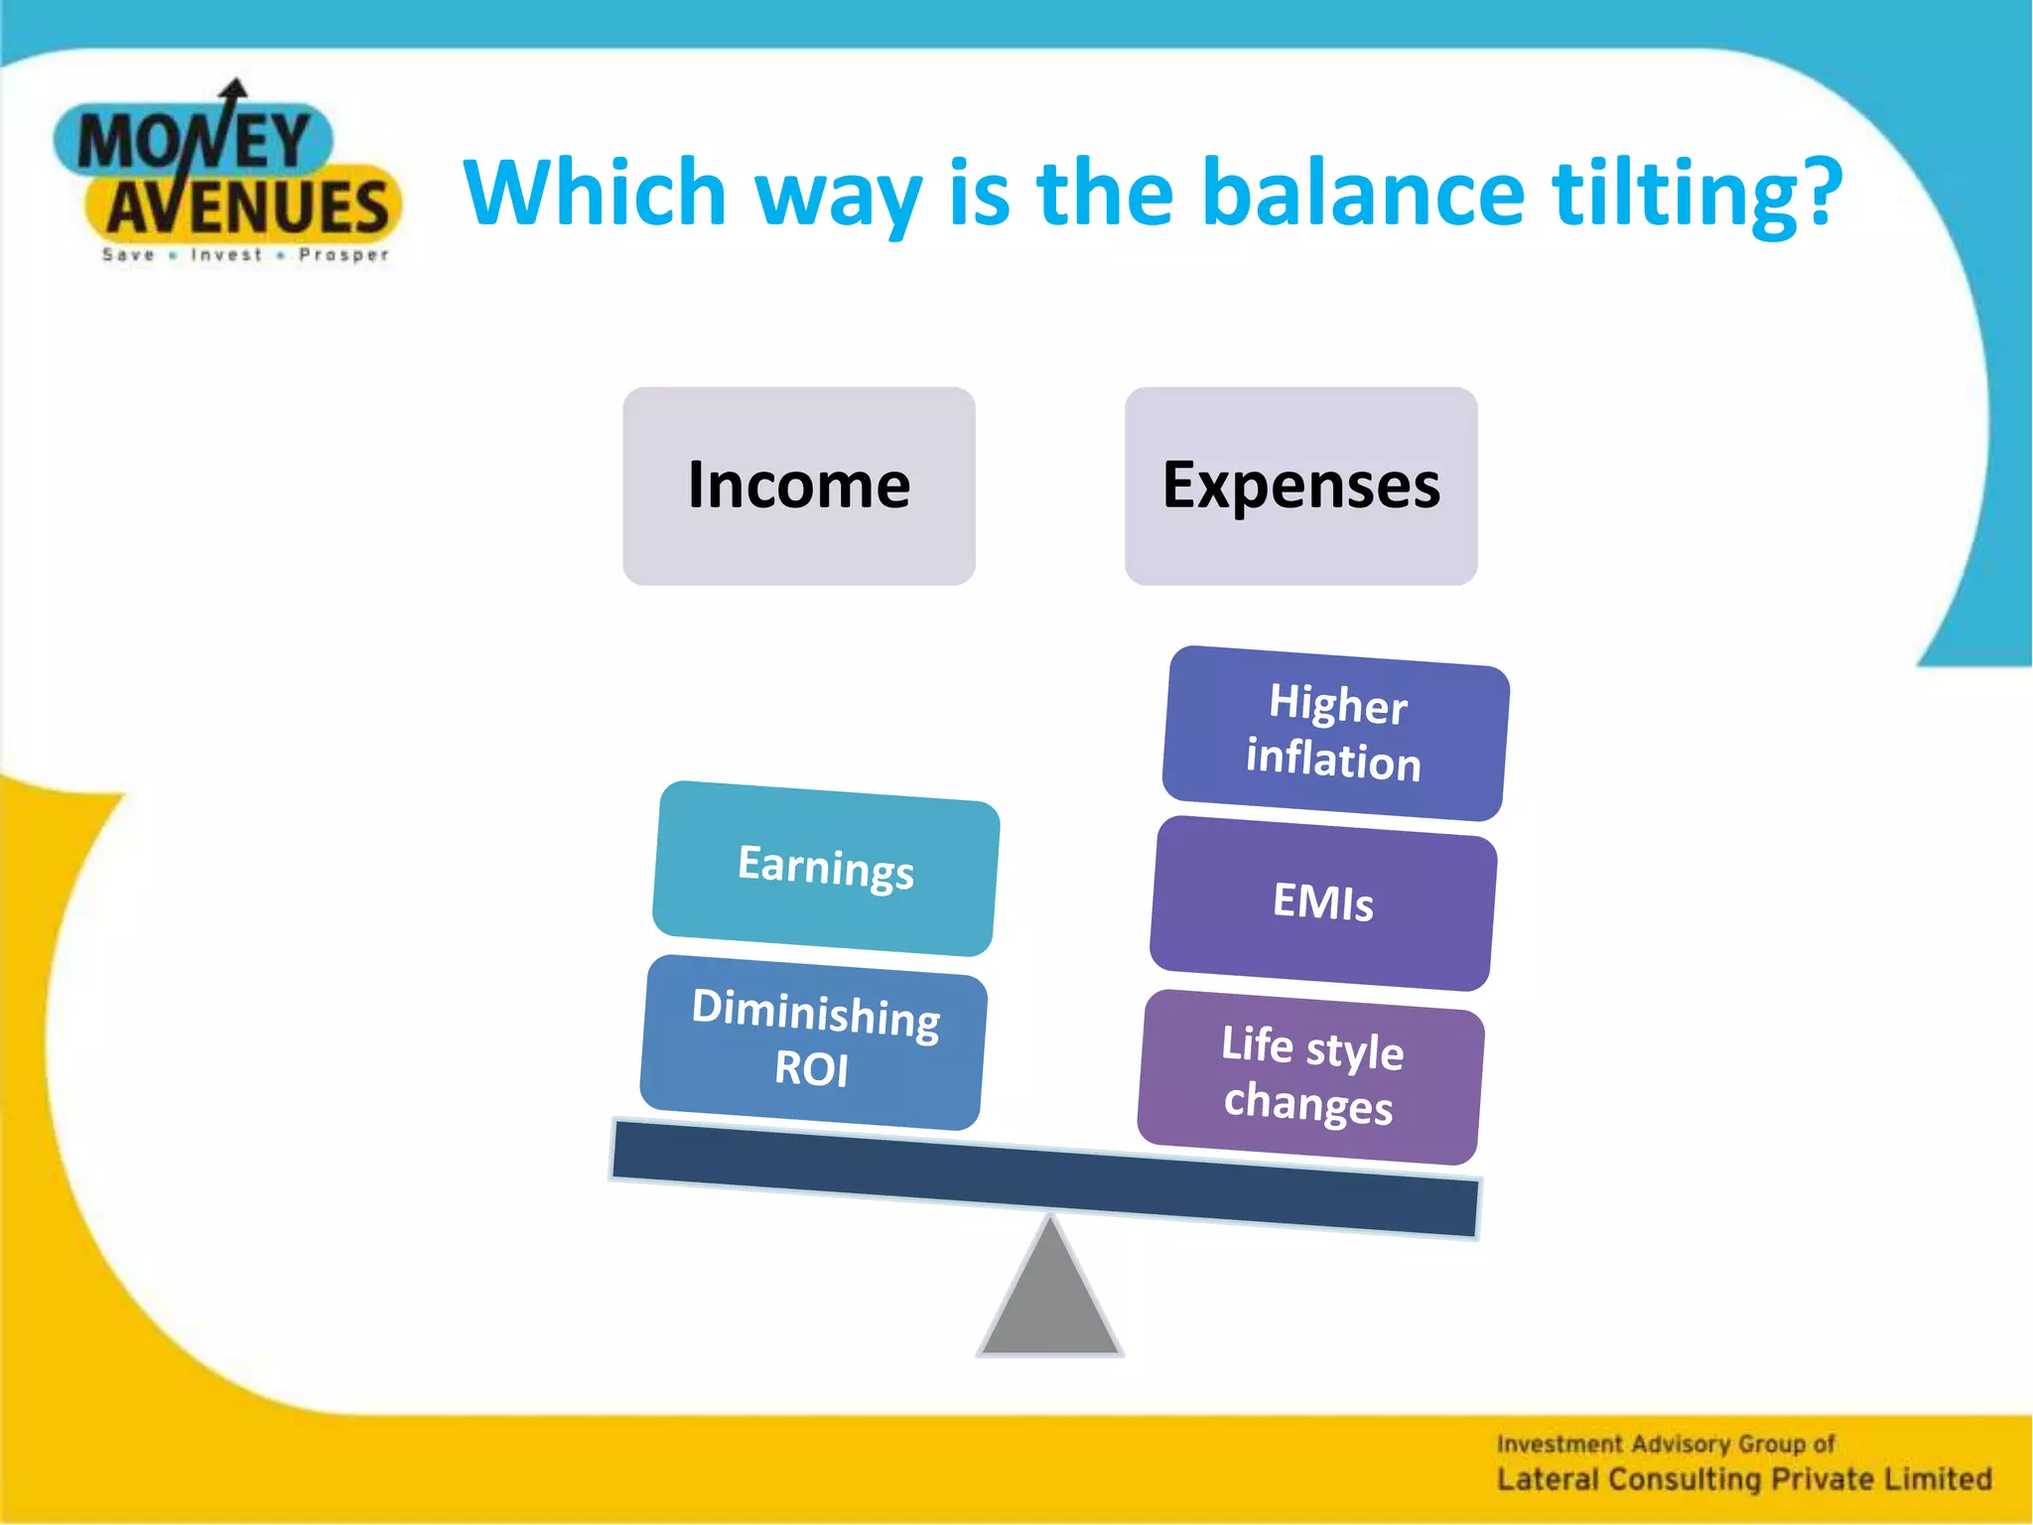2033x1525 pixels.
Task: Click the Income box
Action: pyautogui.click(x=798, y=485)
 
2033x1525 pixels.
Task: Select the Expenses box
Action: pyautogui.click(x=1300, y=485)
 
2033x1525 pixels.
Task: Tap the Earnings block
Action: pyautogui.click(x=825, y=868)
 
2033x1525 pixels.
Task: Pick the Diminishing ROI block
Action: pyautogui.click(x=813, y=1040)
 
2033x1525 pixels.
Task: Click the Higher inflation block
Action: pyautogui.click(x=1335, y=733)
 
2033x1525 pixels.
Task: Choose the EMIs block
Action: pyautogui.click(x=1323, y=902)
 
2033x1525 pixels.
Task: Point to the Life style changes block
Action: pyautogui.click(x=1310, y=1076)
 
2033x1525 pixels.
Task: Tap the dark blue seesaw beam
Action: pyautogui.click(x=1044, y=1178)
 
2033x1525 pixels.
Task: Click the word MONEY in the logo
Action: pyautogui.click(x=194, y=141)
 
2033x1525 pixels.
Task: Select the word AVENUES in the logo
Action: pyautogui.click(x=248, y=207)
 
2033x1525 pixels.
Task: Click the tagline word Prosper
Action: pyautogui.click(x=343, y=255)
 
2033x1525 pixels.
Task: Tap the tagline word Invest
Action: pyautogui.click(x=226, y=255)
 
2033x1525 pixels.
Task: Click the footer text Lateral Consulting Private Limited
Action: pyautogui.click(x=1744, y=1479)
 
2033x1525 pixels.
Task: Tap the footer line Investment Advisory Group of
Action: pyautogui.click(x=1665, y=1444)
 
